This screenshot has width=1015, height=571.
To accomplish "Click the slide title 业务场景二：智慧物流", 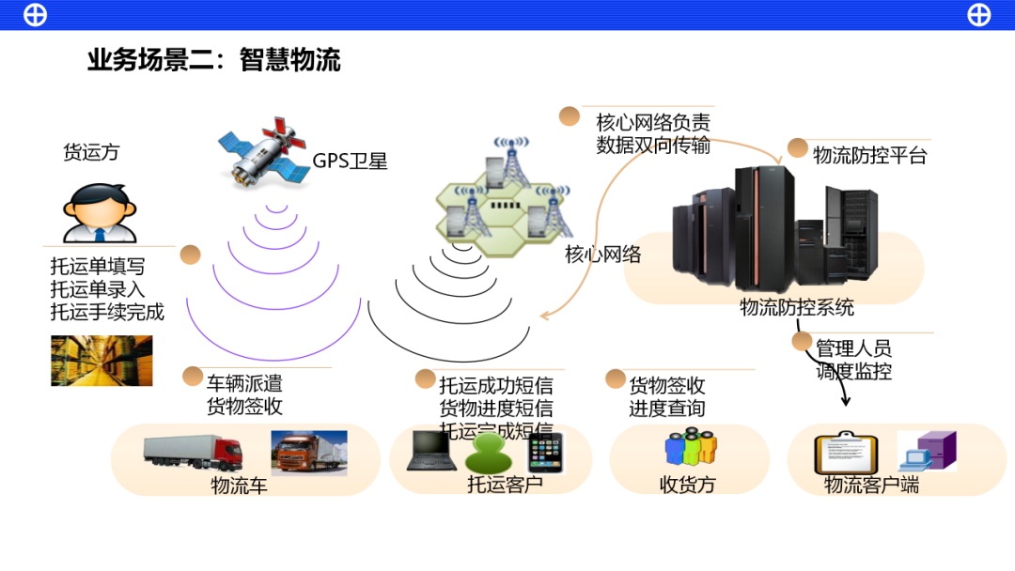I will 213,61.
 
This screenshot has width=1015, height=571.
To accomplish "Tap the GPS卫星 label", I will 350,161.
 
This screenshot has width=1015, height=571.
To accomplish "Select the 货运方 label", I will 91,152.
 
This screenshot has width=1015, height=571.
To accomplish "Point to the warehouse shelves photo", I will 101,361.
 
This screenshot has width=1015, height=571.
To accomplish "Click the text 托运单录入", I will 98,289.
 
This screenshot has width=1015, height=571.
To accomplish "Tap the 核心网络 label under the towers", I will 602,255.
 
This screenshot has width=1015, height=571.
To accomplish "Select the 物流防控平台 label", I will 869,156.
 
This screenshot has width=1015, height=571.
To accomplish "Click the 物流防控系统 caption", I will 797,307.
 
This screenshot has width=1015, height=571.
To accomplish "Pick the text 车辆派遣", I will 244,383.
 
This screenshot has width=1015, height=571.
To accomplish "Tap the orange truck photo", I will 309,453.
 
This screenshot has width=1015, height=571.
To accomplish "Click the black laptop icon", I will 431,450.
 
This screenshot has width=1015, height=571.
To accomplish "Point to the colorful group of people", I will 690,447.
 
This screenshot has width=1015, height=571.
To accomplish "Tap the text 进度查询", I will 666,409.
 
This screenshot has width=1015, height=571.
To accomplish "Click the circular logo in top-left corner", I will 35,15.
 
